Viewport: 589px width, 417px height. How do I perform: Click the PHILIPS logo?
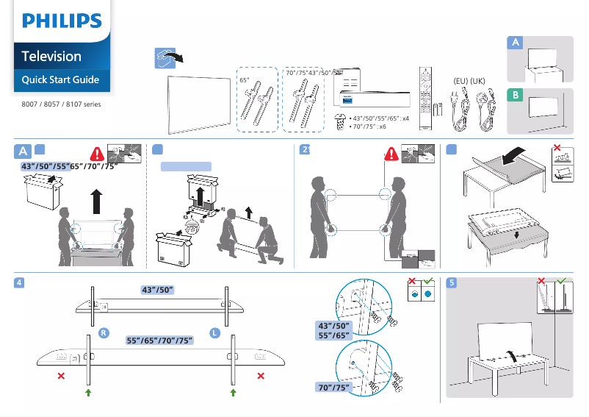pos(62,20)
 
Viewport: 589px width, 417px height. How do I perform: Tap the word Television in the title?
pos(51,56)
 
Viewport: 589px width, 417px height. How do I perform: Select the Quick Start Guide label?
pos(60,79)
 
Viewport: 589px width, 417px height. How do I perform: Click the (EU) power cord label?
pos(460,79)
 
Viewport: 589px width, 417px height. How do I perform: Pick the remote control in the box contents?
pos(424,99)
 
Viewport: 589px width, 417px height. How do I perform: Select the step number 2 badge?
pos(305,151)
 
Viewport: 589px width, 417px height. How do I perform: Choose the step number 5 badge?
pos(452,283)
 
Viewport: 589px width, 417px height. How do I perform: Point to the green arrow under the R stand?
pos(88,393)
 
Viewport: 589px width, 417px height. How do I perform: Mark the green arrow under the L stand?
pos(234,393)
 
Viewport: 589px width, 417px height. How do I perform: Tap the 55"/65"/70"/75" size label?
pos(159,340)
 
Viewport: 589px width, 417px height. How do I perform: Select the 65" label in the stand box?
pos(245,79)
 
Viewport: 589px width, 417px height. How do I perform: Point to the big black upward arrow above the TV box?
pos(96,199)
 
